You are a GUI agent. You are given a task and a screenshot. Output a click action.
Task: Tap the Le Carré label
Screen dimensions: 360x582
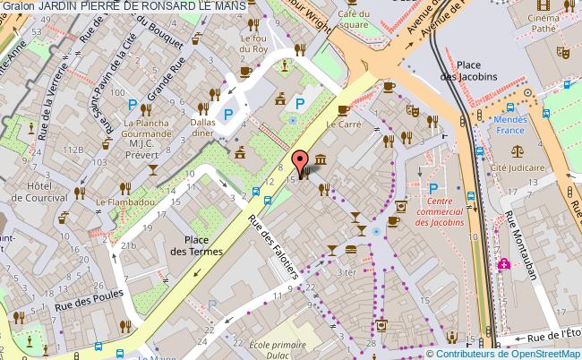(x=344, y=125)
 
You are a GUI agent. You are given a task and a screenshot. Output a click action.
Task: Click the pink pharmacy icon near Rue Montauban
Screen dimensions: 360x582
(x=504, y=264)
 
